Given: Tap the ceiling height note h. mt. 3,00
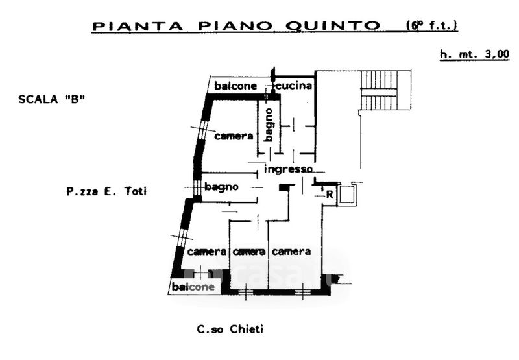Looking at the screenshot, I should pos(474,55).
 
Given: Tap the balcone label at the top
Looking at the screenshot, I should pos(236,86).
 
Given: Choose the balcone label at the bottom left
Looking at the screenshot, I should pos(193,286).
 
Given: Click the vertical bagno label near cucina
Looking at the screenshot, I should pos(269,125).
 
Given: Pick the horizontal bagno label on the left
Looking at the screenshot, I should pos(222,187).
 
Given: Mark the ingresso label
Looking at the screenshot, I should pos(289,169).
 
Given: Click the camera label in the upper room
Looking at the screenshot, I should pos(234,136).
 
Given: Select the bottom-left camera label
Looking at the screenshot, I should pos(206,252).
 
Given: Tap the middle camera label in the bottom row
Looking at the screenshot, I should pos(249,252).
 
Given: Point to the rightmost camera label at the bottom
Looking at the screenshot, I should pos(291,251).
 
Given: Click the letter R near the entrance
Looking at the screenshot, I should pos(330,194).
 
